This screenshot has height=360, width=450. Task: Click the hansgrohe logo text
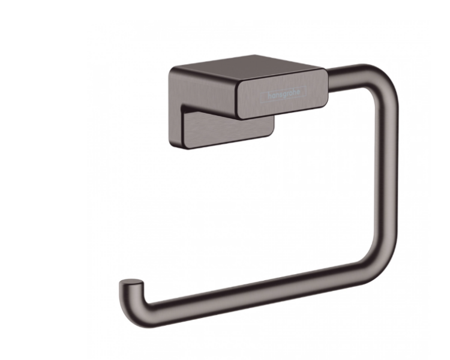(284, 94)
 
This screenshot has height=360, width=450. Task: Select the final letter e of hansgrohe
(298, 92)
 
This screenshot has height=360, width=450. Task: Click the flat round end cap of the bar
(131, 283)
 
